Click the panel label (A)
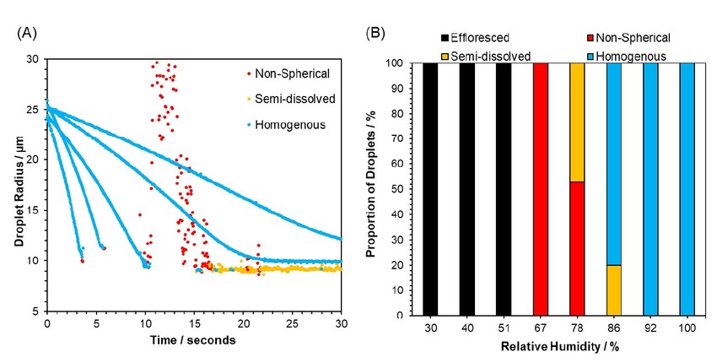[26, 35]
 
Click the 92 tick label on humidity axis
[650, 328]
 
